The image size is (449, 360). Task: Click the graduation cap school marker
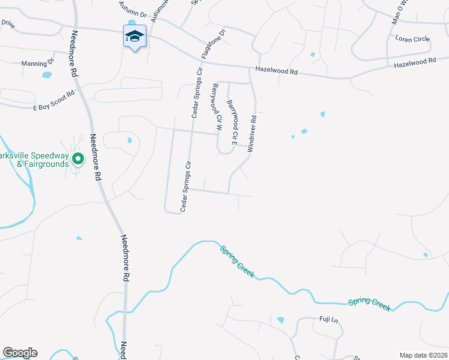pos(135,37)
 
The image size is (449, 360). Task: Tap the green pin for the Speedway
pos(77,159)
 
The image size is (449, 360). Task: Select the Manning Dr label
pos(37,63)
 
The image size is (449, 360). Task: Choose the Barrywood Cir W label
pos(217,107)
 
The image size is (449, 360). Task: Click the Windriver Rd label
pos(253,133)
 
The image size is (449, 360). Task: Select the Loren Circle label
pos(412,39)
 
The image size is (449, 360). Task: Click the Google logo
pos(20,353)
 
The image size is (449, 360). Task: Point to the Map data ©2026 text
pos(423,355)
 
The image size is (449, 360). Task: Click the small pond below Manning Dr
pos(47,76)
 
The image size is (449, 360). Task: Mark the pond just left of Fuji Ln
pos(280,320)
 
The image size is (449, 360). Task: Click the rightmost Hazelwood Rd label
pos(414,62)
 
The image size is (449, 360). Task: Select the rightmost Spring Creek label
pos(369,303)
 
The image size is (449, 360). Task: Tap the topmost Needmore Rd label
pos(74,52)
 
